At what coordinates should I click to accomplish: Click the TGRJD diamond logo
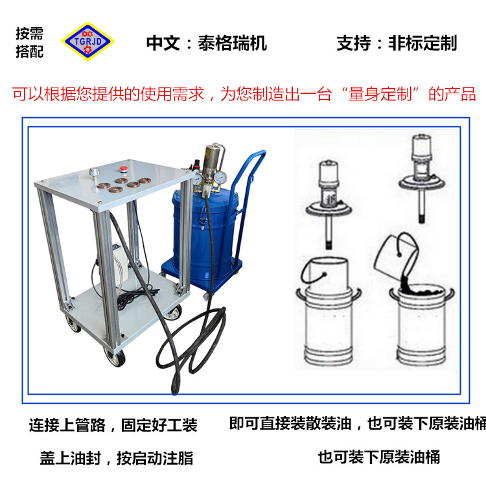(87, 41)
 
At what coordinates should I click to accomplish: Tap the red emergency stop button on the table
(123, 169)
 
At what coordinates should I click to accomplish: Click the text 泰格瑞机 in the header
(233, 43)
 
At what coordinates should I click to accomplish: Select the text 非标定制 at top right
(422, 43)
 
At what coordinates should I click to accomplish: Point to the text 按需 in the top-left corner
(29, 34)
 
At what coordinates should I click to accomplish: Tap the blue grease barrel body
(205, 236)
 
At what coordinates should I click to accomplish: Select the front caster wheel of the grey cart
(115, 357)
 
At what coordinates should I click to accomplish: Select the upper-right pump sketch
(422, 178)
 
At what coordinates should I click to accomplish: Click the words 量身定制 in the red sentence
(380, 94)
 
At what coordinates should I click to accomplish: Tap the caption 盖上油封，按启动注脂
(117, 458)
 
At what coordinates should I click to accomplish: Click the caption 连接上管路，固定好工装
(113, 425)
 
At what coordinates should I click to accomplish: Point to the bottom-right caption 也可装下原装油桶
(379, 457)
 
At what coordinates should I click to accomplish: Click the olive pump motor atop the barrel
(213, 158)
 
